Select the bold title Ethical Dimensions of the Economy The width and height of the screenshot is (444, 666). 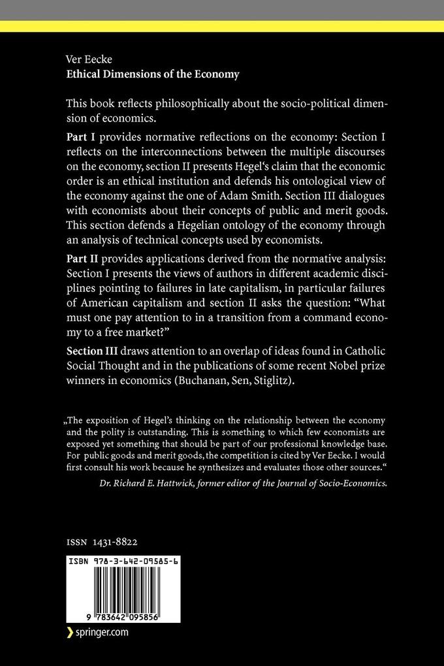[153, 74]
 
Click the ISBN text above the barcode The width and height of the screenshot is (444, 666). [115, 561]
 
